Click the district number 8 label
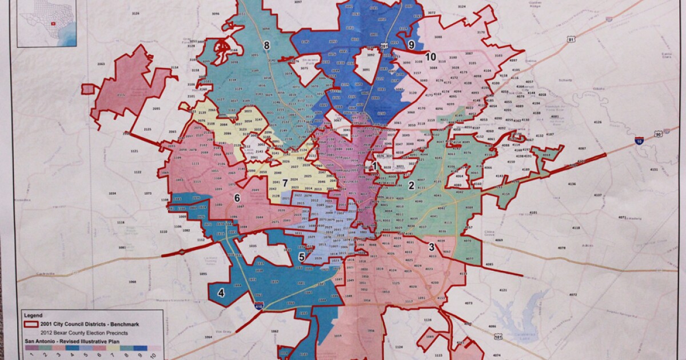[x=266, y=45]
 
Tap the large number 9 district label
[x=411, y=44]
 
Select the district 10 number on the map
[x=431, y=56]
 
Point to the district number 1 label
[x=374, y=166]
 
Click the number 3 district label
[x=431, y=247]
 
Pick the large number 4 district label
[x=221, y=293]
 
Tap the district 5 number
[x=301, y=257]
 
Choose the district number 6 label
[x=237, y=198]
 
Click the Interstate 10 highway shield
[x=639, y=140]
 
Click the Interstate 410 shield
[x=259, y=306]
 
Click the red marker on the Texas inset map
[x=53, y=24]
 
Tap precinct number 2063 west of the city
[x=101, y=66]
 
